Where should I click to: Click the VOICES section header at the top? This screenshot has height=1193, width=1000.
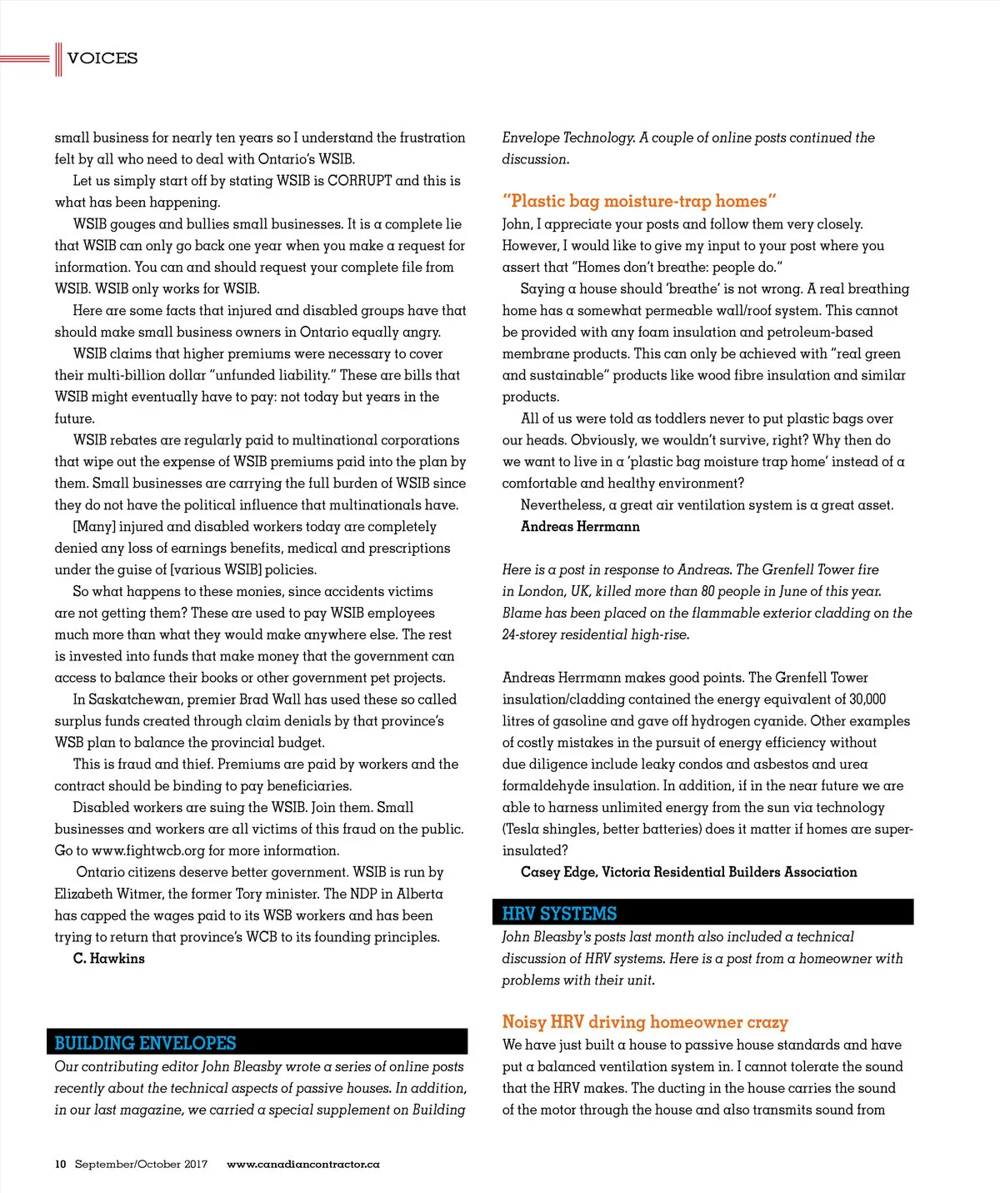[102, 58]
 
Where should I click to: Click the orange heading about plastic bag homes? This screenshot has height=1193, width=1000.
[639, 201]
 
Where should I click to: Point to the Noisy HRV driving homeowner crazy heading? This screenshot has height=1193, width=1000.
[644, 1022]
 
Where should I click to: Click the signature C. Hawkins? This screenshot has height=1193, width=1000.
[108, 959]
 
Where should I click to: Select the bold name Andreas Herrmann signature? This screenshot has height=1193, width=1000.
[580, 527]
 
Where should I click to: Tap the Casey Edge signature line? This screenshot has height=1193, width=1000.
[688, 872]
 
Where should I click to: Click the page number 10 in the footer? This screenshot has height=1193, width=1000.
[61, 1164]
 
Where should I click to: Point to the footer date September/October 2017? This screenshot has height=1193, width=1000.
[141, 1164]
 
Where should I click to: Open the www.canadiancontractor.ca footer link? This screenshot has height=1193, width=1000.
[302, 1164]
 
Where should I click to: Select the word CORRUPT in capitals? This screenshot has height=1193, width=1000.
[359, 181]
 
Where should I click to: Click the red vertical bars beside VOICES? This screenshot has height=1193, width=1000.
[58, 58]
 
